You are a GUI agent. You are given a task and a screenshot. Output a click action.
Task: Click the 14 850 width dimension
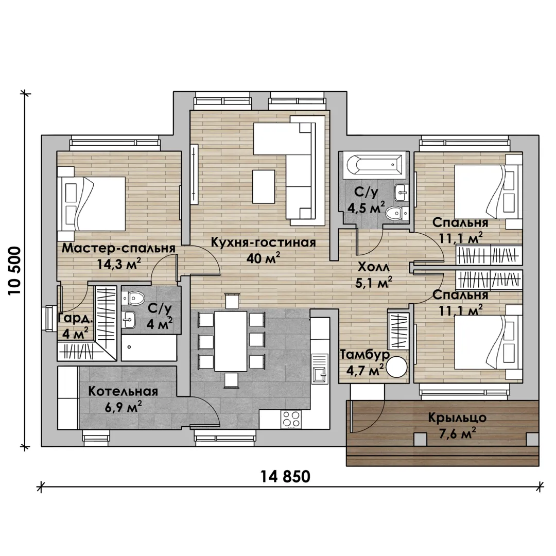click(x=285, y=477)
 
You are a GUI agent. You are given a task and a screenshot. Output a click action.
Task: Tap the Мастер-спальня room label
click(x=118, y=248)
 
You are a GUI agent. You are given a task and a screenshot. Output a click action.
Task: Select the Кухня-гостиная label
click(x=263, y=242)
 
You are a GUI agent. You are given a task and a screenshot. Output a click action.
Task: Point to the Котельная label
click(x=123, y=391)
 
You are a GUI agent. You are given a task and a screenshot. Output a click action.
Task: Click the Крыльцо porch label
click(x=457, y=418)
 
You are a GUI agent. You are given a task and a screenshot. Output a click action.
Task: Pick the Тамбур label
click(x=365, y=354)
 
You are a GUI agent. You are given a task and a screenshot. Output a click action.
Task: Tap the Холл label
click(x=373, y=267)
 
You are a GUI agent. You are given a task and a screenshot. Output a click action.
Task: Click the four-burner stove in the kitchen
click(x=291, y=419)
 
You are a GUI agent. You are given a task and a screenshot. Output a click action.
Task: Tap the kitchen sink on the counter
click(x=319, y=369)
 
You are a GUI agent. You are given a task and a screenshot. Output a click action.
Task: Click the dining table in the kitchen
click(x=231, y=341)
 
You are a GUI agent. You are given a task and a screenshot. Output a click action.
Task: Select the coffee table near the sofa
click(x=264, y=186)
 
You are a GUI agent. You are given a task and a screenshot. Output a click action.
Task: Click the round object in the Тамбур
click(x=396, y=367)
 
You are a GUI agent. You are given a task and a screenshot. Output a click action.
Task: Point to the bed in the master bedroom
click(x=92, y=204)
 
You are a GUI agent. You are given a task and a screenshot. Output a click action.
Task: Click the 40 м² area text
click(x=263, y=258)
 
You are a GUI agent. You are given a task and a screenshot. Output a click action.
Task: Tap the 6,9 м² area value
click(x=124, y=407)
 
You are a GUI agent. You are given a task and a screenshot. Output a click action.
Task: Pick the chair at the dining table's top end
click(x=231, y=301)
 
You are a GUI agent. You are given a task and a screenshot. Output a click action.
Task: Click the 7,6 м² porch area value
click(x=457, y=433)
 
